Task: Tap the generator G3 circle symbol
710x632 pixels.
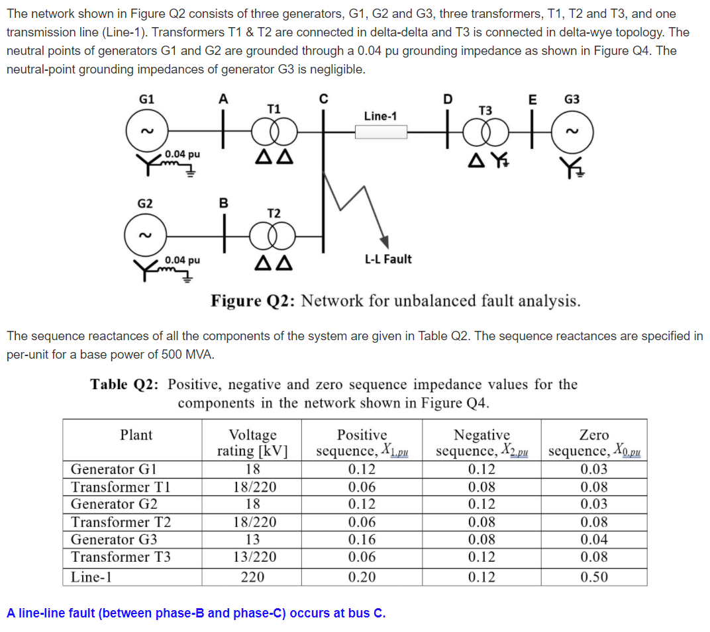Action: [x=572, y=132]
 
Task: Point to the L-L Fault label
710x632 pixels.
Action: [x=388, y=259]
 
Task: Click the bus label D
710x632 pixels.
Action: [x=448, y=100]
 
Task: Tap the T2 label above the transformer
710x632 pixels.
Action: [x=274, y=213]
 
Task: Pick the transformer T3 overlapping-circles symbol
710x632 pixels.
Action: [x=485, y=132]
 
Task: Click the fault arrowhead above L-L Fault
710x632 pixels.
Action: [x=383, y=242]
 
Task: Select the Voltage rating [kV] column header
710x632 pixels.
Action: [x=252, y=443]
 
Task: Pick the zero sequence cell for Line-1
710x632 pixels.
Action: [x=593, y=577]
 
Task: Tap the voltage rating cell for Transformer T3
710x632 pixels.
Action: [x=252, y=557]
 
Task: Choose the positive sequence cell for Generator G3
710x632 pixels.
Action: [x=362, y=539]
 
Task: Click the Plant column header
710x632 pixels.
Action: [x=136, y=435]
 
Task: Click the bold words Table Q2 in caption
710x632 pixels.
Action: [x=125, y=384]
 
